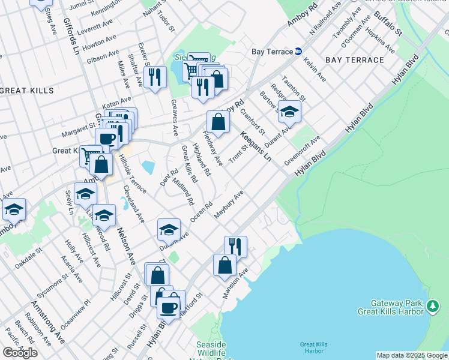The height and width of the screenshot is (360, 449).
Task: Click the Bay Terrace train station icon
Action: (298, 52)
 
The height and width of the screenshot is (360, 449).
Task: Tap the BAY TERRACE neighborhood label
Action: (354, 60)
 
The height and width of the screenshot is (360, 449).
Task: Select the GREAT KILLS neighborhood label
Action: (27, 91)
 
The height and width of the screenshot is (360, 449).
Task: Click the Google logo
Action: (20, 353)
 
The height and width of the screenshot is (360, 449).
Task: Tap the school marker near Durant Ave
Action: (289, 112)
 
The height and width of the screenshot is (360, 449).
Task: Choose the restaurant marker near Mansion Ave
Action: (235, 247)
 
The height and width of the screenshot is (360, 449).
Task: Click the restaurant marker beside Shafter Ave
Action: (155, 77)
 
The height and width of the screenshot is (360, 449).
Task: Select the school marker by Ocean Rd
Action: (169, 229)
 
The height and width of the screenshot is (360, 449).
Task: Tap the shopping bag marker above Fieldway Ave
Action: (218, 122)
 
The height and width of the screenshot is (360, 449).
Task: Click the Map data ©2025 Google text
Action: (411, 355)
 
